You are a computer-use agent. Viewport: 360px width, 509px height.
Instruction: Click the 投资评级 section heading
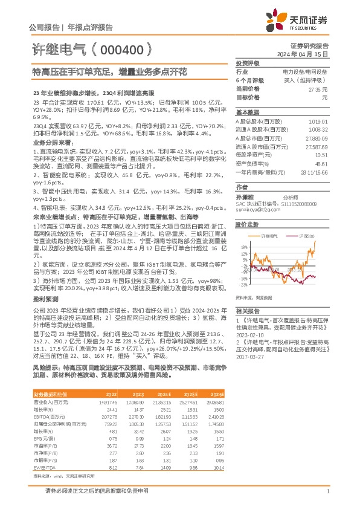248,63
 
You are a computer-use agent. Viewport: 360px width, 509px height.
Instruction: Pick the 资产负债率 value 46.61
321,163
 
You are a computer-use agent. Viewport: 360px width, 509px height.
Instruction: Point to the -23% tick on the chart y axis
243,284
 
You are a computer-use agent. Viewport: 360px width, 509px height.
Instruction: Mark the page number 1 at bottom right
327,493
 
